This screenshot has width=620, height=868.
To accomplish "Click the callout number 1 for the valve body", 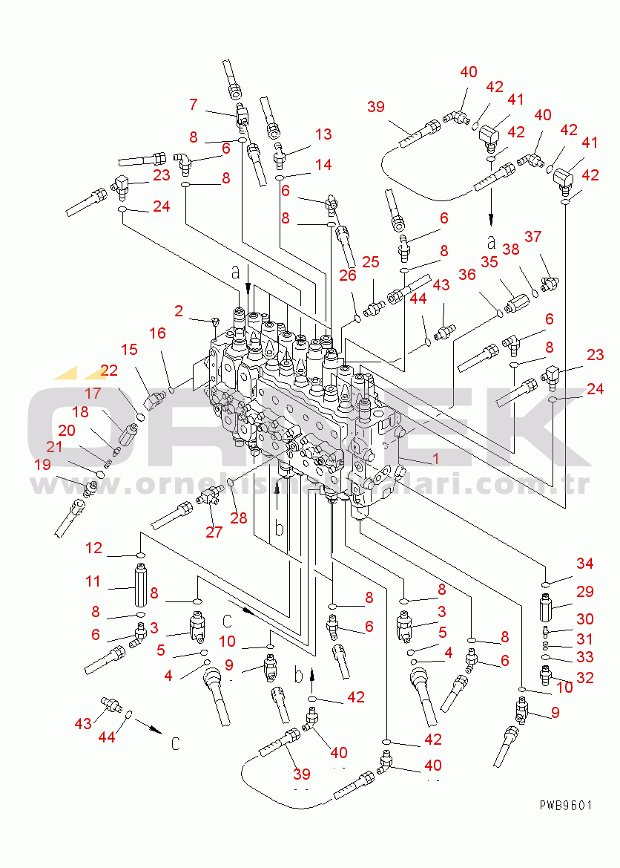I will pyautogui.click(x=435, y=459).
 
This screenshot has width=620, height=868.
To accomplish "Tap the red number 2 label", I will pyautogui.click(x=179, y=310).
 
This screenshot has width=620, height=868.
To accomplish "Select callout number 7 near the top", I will pyautogui.click(x=194, y=105).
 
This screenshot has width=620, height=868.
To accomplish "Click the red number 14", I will pyautogui.click(x=323, y=165).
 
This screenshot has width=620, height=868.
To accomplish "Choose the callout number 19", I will pyautogui.click(x=42, y=465).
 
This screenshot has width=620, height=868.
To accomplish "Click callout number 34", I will pyautogui.click(x=585, y=564).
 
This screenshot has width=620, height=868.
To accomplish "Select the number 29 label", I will pyautogui.click(x=585, y=592).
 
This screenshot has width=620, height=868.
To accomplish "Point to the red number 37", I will pyautogui.click(x=532, y=237).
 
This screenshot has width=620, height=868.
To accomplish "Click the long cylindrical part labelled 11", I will pyautogui.click(x=140, y=586).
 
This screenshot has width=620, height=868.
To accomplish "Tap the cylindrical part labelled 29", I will pyautogui.click(x=548, y=605).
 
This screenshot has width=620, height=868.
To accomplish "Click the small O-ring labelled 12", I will pyautogui.click(x=140, y=555).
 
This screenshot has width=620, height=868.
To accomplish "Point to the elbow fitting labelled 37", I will pyautogui.click(x=550, y=281).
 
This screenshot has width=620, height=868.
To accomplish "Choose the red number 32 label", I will pyautogui.click(x=585, y=678).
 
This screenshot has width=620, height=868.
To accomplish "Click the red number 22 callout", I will pyautogui.click(x=110, y=371).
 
